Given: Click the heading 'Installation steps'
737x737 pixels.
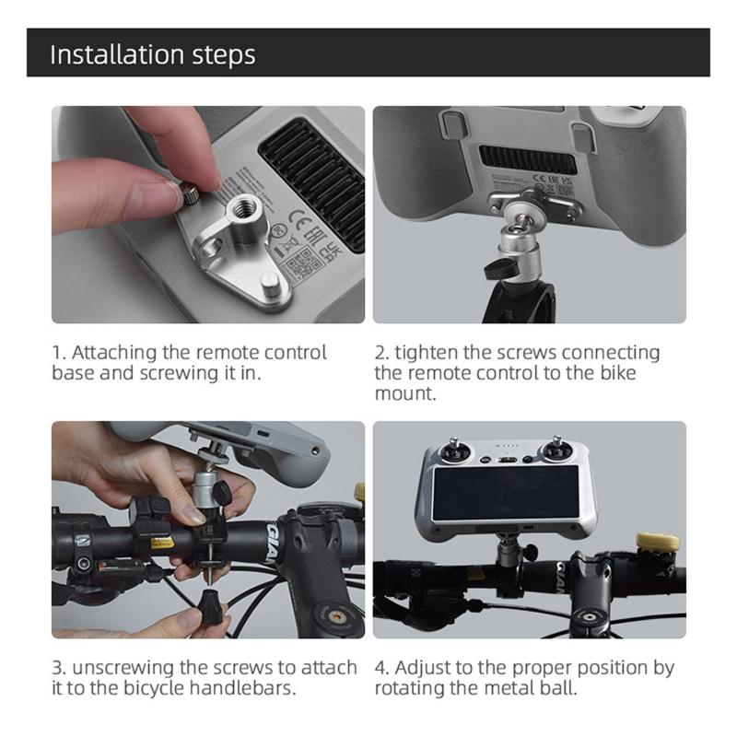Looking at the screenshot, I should tap(152, 53).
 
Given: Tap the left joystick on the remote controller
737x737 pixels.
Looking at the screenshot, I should tap(456, 453).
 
